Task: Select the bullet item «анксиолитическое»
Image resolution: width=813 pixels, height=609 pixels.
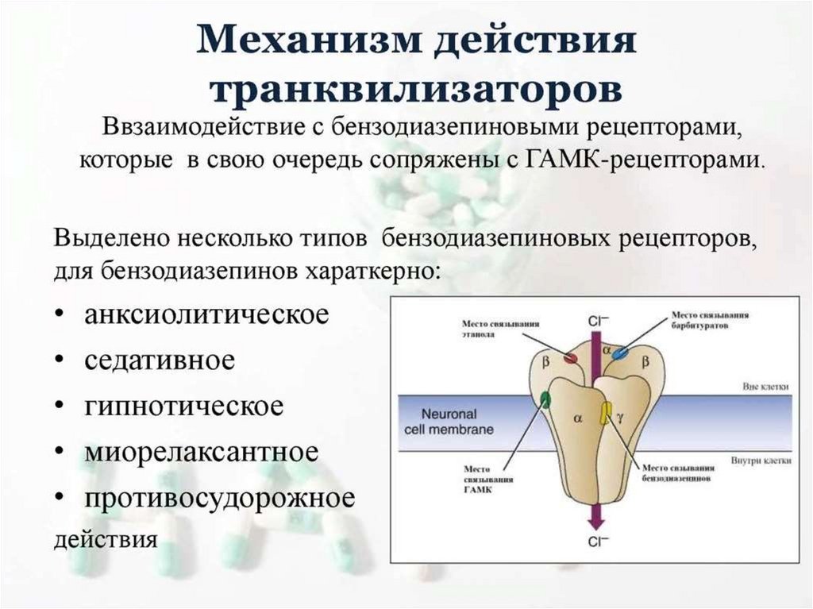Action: tap(206, 314)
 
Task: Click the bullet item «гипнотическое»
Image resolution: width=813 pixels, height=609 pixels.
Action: tap(183, 406)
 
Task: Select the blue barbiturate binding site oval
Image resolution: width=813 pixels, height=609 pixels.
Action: tap(618, 351)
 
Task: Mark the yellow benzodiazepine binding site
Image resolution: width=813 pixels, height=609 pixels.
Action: tap(606, 412)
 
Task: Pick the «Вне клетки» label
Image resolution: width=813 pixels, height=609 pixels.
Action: tap(766, 386)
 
